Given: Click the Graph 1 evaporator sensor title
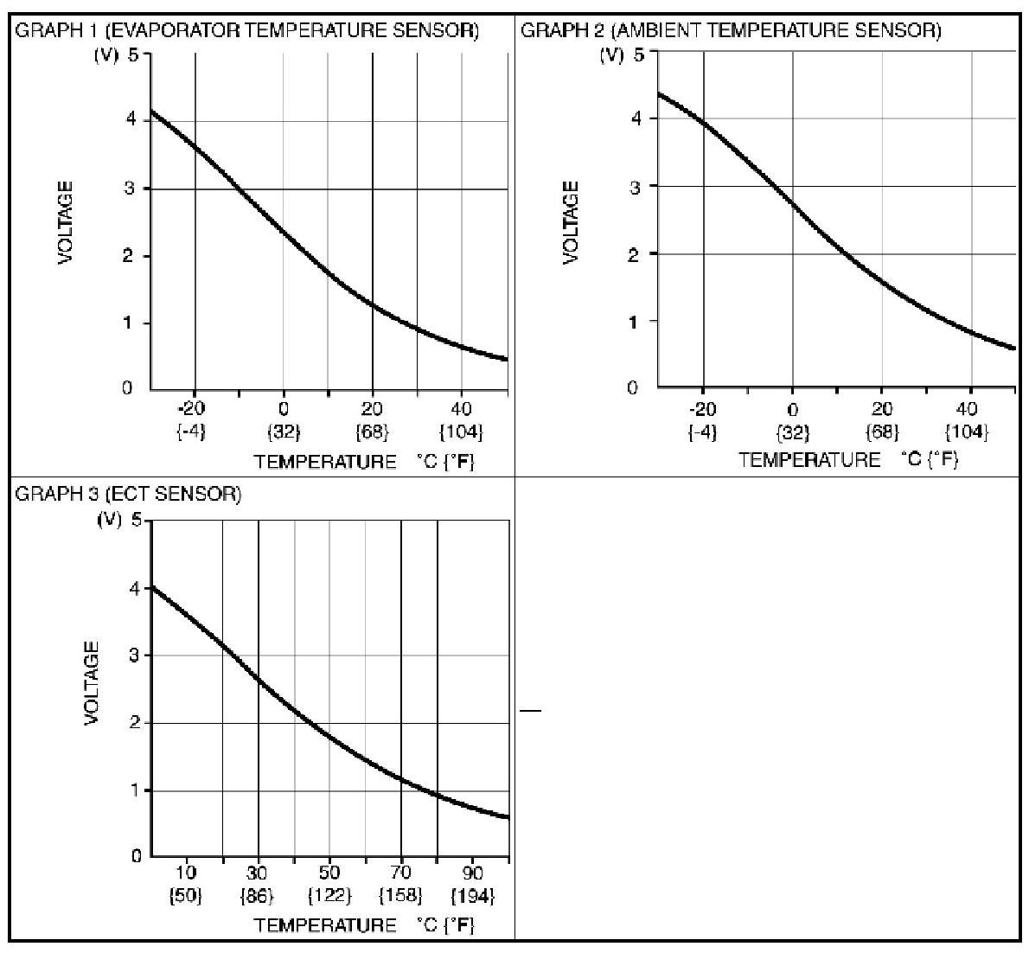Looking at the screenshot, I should (x=247, y=31).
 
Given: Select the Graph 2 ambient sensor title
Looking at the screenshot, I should (x=731, y=31).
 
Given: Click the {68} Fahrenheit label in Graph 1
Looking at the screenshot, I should (x=373, y=432).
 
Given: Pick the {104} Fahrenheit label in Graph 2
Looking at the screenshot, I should (x=968, y=432).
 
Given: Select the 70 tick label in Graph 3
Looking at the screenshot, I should (x=400, y=873).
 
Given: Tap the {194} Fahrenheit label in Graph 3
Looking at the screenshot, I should (x=472, y=895).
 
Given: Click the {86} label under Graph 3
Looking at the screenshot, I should (x=258, y=895).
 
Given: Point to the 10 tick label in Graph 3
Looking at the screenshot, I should (x=187, y=873).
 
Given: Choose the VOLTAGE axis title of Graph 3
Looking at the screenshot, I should (x=92, y=683).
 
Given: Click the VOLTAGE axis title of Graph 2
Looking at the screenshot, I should (x=571, y=222).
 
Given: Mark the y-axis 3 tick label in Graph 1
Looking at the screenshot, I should (x=129, y=189).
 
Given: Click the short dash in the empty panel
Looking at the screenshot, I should (x=530, y=711).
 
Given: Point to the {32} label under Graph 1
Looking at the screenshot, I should (x=283, y=432).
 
